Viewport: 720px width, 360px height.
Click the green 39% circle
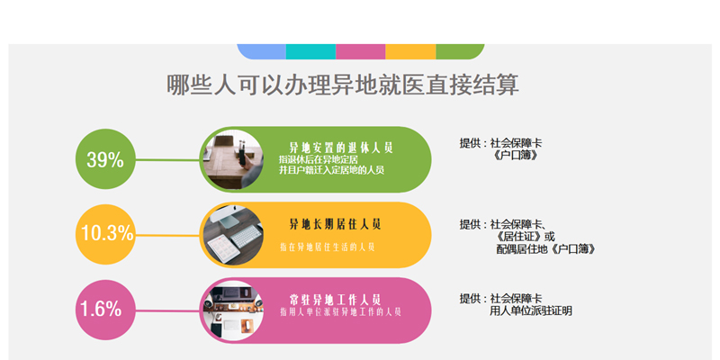coord(105,159)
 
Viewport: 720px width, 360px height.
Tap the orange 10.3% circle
coord(105,234)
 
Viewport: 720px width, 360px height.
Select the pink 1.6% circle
coord(105,310)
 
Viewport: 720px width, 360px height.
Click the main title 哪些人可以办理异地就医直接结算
coord(343,85)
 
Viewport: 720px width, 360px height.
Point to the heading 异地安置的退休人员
coord(341,148)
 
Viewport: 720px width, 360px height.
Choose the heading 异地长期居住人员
coord(335,224)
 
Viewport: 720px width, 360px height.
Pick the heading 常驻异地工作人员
coord(335,300)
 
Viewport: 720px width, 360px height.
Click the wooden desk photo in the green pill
coord(233,159)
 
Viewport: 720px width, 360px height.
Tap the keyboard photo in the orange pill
coord(233,235)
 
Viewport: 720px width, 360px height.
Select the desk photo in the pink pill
coord(233,310)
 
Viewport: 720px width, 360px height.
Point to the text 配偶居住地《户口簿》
coord(546,249)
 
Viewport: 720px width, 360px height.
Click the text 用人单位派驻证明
coord(531,310)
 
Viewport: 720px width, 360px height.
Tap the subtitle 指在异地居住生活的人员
coord(328,247)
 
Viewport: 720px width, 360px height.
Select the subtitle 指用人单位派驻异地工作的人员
coord(341,311)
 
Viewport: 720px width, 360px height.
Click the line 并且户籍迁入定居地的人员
coord(331,170)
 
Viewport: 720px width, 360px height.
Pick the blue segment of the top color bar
coord(262,51)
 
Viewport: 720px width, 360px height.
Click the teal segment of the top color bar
coord(310,51)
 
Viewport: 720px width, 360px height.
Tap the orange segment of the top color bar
coord(410,51)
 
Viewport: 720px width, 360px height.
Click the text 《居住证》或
coord(526,237)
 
